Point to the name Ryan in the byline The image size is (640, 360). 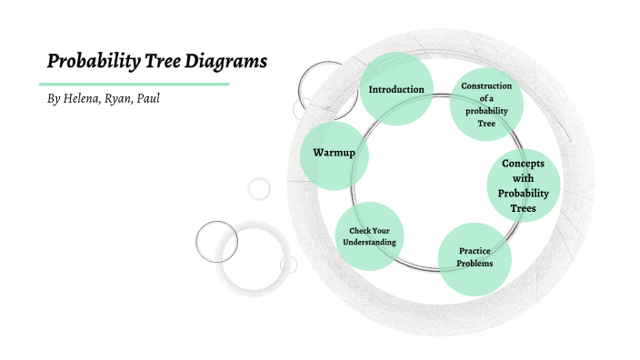(124, 98)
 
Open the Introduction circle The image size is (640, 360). (395, 87)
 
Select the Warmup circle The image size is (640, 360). (334, 154)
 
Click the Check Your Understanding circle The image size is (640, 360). (369, 236)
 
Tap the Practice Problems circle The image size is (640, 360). (475, 258)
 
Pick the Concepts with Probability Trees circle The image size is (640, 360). (523, 185)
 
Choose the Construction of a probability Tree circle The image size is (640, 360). (486, 104)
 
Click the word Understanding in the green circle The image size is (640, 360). (369, 244)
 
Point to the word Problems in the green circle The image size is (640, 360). (475, 264)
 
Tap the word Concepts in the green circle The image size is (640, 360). (523, 163)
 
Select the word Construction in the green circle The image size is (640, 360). (486, 85)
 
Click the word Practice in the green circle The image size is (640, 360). (475, 250)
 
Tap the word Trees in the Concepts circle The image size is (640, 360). (523, 208)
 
